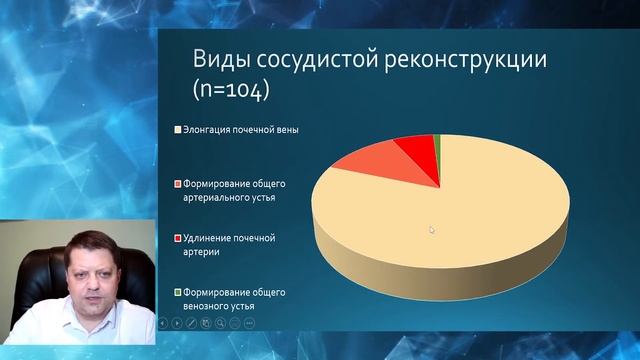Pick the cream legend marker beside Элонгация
pos(177,130)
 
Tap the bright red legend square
pos(177,239)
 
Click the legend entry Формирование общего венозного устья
pos(232,298)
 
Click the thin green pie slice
pos(436,141)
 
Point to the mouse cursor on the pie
pos(432,229)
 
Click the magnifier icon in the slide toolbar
pos(221,324)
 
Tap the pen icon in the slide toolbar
pos(191,324)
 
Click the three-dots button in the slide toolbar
pos(249,324)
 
